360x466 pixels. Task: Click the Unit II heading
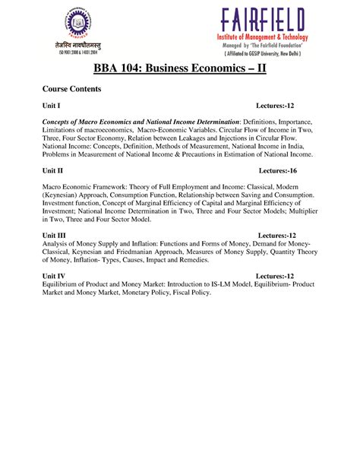(53, 173)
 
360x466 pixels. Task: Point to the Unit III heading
(55, 236)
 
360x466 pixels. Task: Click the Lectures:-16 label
(283, 173)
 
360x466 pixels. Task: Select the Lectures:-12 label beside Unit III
(283, 236)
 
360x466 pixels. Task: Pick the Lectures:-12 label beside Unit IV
(281, 275)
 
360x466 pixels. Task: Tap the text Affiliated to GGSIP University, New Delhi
(263, 55)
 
